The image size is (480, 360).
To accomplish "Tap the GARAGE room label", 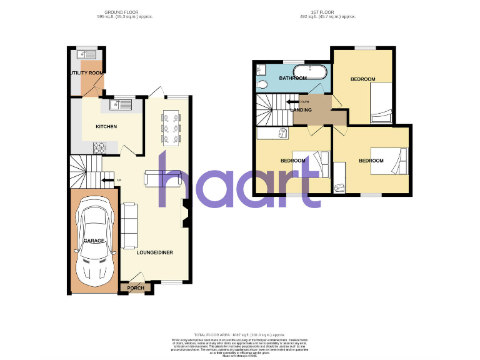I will [94, 241].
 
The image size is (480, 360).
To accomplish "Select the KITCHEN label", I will [106, 127].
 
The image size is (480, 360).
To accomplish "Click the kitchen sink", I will [121, 104].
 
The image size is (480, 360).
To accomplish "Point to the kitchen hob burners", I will [99, 147].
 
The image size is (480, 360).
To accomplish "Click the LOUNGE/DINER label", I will [155, 252].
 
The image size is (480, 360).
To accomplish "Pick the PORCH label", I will [136, 288].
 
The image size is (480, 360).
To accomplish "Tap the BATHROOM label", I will [292, 78].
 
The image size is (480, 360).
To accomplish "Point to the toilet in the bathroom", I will [262, 84].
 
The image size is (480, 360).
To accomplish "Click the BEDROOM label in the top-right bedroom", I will [362, 79].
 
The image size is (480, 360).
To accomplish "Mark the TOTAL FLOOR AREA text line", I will [240, 336].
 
